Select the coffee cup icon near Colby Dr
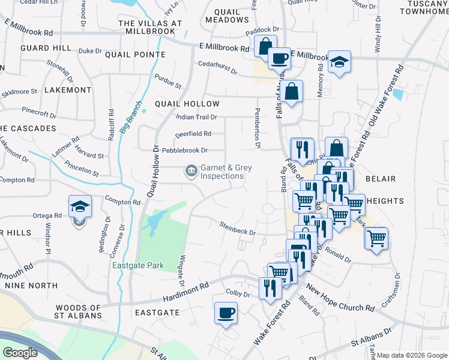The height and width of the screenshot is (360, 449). (226, 313)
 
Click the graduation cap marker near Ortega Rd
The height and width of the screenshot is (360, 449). (80, 207)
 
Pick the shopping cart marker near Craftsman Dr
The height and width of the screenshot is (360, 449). (376, 239)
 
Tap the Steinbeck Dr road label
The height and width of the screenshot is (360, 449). (237, 229)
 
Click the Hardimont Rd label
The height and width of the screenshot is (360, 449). (187, 295)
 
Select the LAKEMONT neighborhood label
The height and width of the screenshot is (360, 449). (68, 90)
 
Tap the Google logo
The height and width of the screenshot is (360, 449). (20, 353)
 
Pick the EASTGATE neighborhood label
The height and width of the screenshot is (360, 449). (157, 313)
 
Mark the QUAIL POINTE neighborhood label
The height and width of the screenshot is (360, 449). (135, 55)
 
